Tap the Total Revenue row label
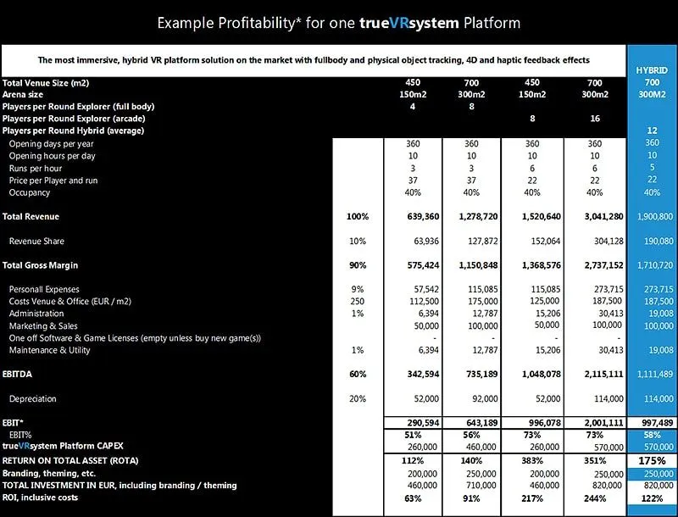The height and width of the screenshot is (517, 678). [x=31, y=217]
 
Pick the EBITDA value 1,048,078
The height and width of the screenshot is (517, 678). [x=535, y=374]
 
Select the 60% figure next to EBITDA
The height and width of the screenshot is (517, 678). [x=358, y=374]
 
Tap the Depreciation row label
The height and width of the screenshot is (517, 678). [x=35, y=397]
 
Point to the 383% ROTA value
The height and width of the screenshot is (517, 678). [x=533, y=461]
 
